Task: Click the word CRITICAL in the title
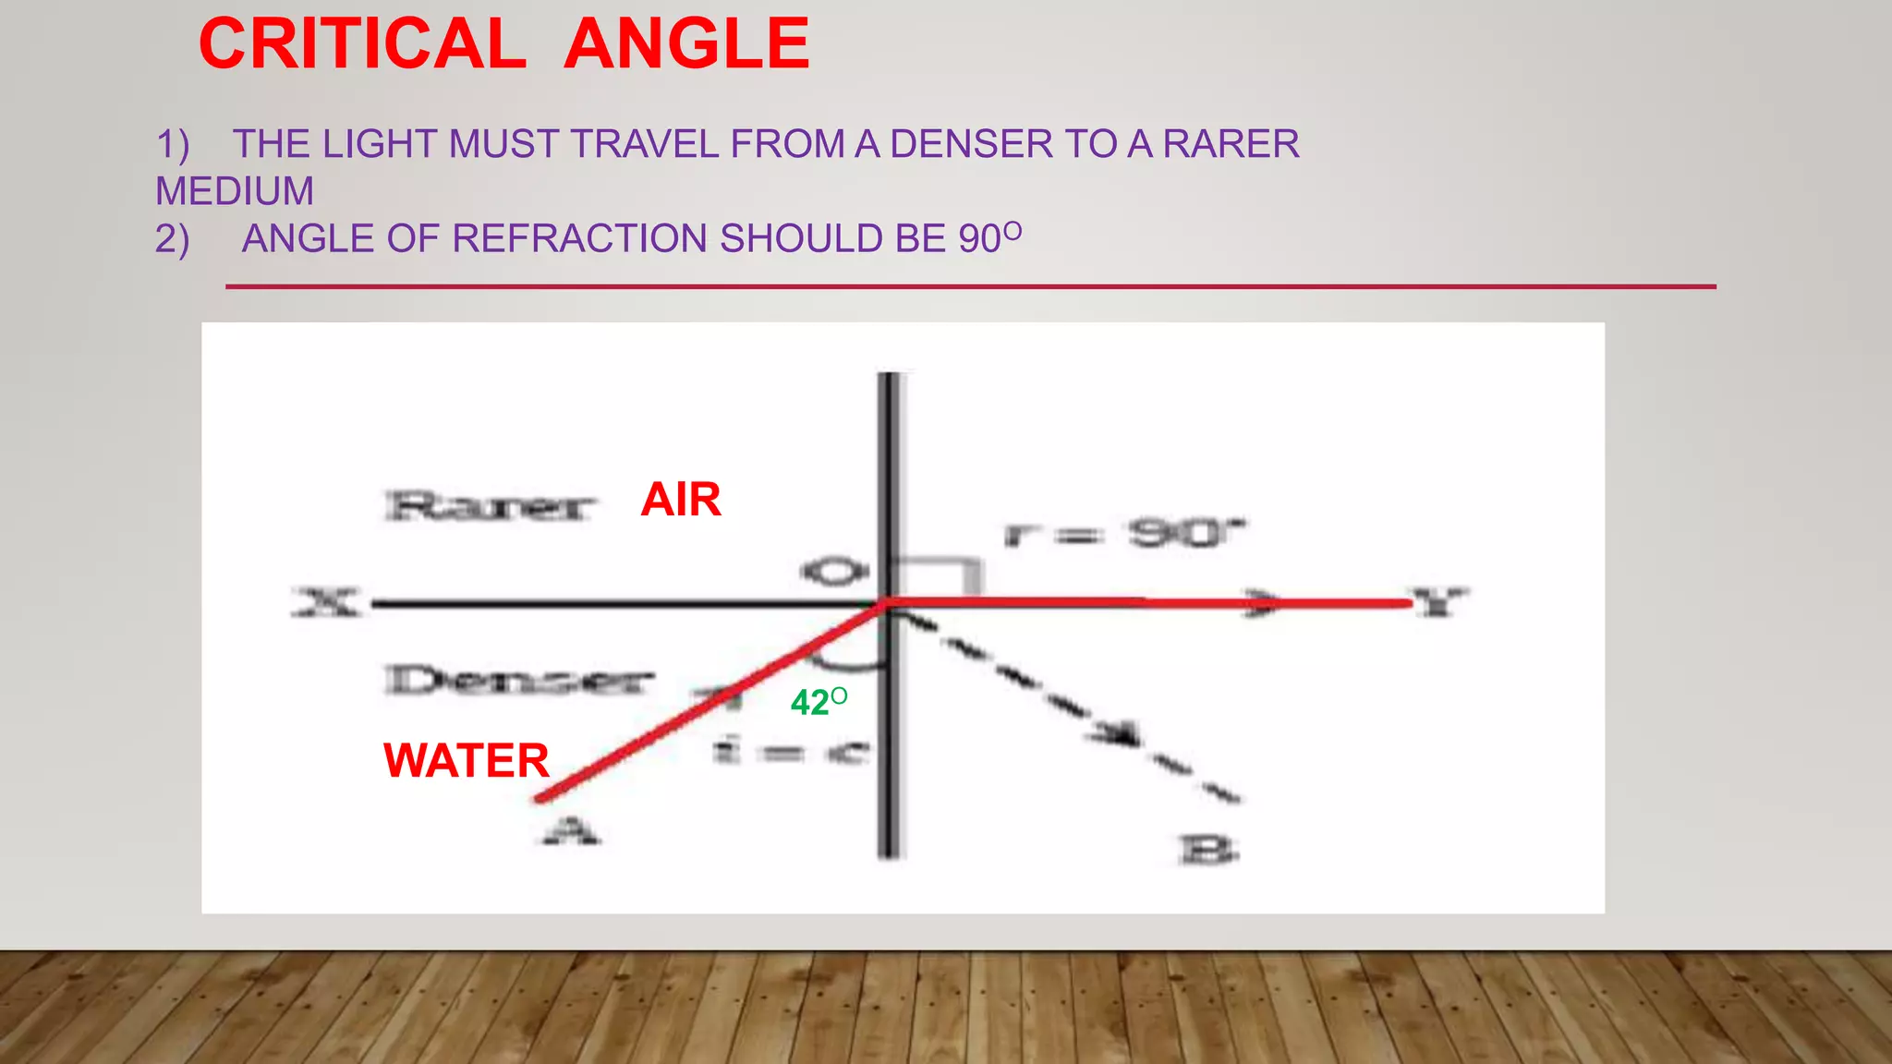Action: point(362,43)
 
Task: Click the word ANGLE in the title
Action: point(686,43)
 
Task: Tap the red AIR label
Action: point(681,500)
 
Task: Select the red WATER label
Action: point(467,761)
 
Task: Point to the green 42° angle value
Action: point(818,702)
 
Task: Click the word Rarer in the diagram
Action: point(490,506)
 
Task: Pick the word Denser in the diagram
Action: point(518,681)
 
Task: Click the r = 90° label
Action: point(1124,533)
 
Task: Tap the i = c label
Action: point(791,752)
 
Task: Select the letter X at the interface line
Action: point(325,603)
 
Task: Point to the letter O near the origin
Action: point(833,572)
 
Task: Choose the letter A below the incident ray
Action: point(571,832)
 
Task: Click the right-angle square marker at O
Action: point(937,577)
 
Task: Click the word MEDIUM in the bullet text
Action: point(235,191)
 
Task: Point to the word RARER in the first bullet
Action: point(1231,144)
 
